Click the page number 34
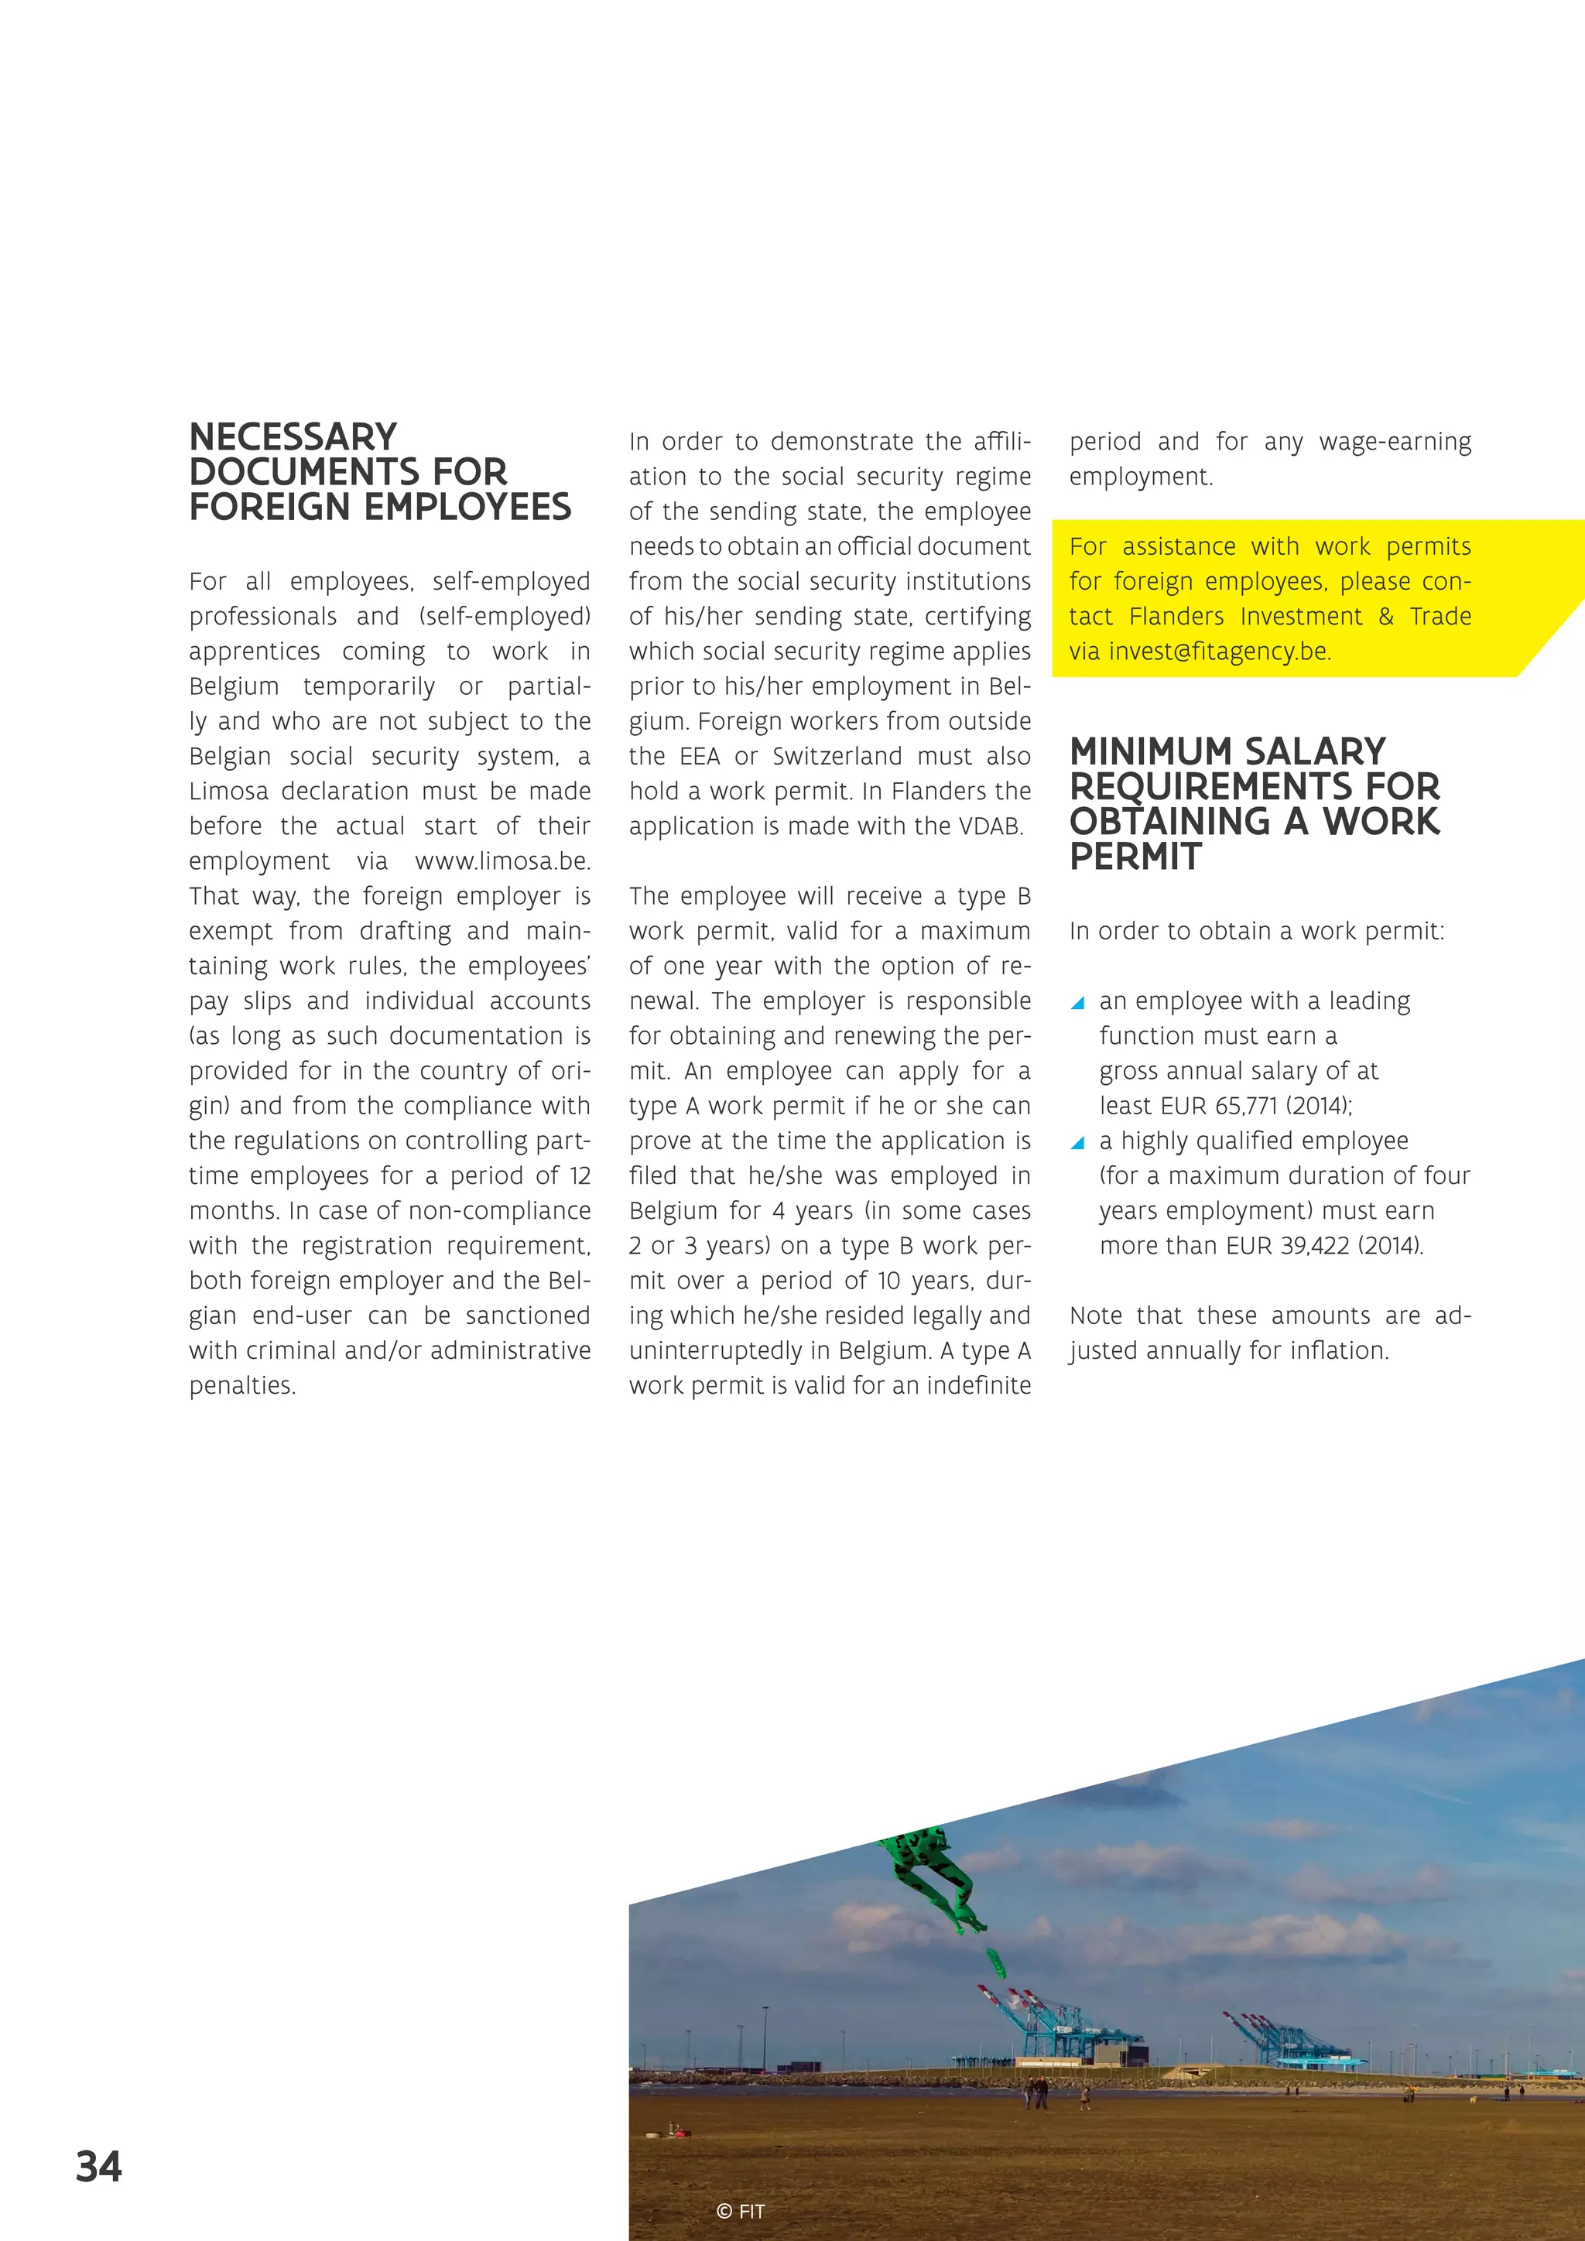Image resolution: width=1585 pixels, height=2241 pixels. pos(98,2167)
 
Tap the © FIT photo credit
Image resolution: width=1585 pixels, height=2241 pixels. pos(740,2212)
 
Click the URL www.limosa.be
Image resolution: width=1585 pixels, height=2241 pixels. pos(502,860)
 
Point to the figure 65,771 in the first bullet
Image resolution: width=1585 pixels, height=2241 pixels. pos(1245,1106)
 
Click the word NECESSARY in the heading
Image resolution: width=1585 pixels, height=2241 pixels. pos(293,436)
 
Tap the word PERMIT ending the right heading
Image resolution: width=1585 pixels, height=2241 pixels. pos(1135,856)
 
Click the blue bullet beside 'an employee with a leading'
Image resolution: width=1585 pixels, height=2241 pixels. pos(1077,1002)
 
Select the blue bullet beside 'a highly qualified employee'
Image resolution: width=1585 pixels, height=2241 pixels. pos(1077,1142)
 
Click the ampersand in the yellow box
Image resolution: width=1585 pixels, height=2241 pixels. pos(1386,616)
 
